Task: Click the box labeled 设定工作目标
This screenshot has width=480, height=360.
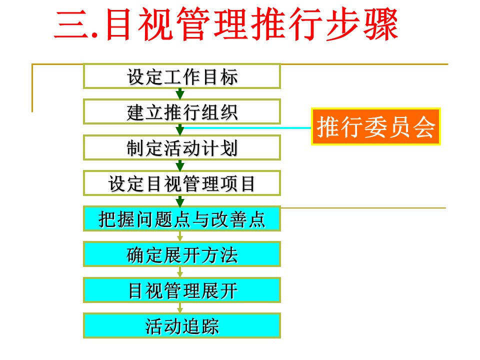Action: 182,76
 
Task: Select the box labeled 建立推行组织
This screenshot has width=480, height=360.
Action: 182,111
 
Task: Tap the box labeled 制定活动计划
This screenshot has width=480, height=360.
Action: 182,147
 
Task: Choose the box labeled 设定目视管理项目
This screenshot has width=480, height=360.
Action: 182,183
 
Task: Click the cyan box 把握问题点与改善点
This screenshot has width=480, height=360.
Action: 182,219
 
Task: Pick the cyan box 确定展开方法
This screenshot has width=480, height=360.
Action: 182,254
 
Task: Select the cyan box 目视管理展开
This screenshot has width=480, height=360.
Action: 182,290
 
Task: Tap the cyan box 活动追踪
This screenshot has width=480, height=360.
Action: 182,325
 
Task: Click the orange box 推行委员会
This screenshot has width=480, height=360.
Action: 375,126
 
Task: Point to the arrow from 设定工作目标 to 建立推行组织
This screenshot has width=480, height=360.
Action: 180,93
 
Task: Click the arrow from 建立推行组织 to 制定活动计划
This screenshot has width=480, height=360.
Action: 180,129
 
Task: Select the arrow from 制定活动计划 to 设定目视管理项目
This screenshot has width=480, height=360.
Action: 180,165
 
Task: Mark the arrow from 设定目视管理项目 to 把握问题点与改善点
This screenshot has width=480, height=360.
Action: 180,201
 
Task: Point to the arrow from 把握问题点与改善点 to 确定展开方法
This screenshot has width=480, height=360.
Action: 180,236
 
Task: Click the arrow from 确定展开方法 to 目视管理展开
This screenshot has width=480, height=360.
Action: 180,272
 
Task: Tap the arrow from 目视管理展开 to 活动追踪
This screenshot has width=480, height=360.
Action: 180,307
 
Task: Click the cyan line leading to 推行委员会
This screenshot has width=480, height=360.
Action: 246,127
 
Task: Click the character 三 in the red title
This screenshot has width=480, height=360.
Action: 72,24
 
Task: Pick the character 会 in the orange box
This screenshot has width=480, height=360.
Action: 424,126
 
